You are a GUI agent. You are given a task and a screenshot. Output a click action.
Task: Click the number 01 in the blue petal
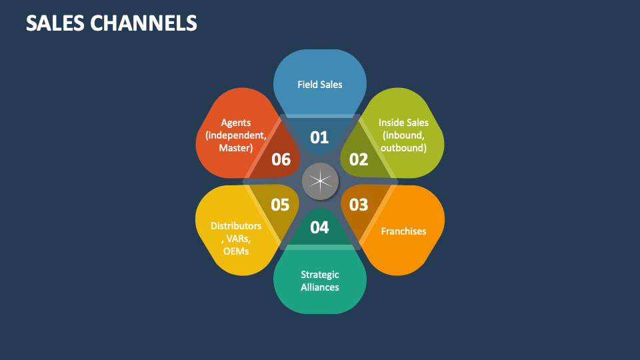[320, 137]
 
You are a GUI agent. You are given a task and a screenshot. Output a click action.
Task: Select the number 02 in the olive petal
[359, 159]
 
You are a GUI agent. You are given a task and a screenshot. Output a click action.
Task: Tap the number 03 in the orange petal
[359, 204]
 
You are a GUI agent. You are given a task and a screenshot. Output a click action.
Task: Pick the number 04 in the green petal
[320, 227]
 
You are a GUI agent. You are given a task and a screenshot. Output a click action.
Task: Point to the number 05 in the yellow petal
[281, 204]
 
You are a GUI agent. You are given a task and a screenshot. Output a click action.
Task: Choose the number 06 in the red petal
[281, 159]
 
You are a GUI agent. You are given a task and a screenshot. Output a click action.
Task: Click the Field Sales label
[320, 85]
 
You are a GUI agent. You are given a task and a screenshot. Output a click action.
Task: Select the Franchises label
[403, 231]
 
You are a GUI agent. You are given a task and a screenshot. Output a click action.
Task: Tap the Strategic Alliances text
[320, 281]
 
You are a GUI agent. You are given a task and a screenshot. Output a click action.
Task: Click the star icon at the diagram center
[320, 181]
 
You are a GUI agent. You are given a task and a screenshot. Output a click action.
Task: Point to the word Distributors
[236, 226]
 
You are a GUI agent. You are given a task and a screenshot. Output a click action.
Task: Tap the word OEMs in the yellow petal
[236, 251]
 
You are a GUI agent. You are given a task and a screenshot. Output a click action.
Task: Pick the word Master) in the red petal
[235, 148]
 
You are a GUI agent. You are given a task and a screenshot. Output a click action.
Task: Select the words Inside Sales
[403, 123]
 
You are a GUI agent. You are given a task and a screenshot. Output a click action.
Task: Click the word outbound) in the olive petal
[403, 148]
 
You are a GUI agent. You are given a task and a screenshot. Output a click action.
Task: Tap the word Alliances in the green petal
[320, 287]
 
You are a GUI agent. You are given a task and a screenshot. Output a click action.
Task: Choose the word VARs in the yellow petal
[237, 239]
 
